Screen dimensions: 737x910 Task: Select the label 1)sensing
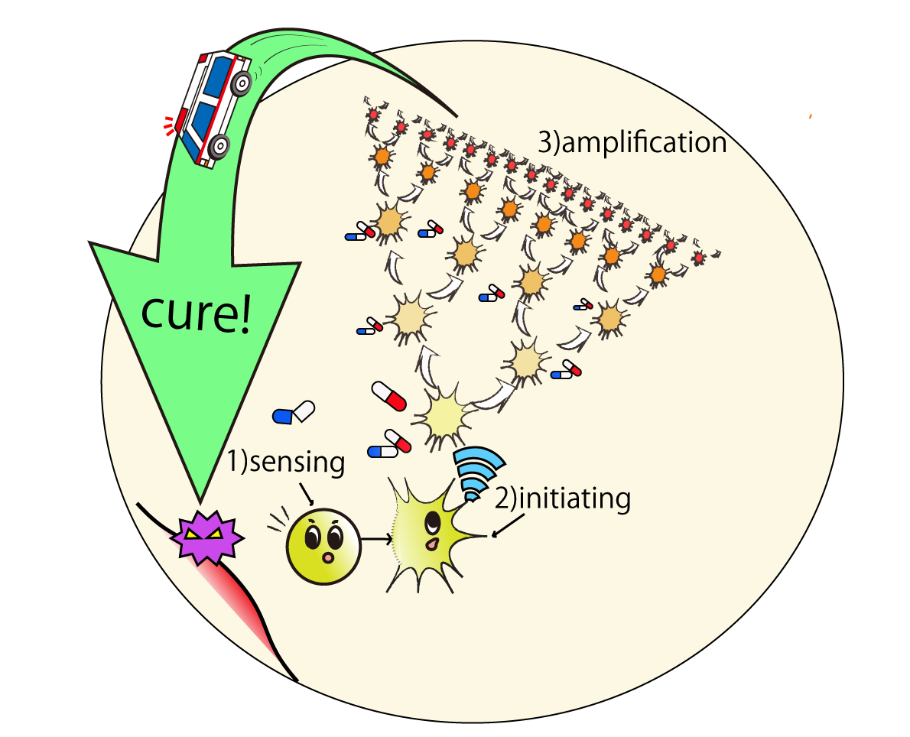(x=285, y=463)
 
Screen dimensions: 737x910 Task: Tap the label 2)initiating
(x=562, y=498)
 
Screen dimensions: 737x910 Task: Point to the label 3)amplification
(x=632, y=143)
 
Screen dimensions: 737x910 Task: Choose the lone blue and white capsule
(x=294, y=413)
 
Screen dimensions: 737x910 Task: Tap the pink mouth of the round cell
(x=328, y=558)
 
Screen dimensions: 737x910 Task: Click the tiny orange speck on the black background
(x=811, y=116)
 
